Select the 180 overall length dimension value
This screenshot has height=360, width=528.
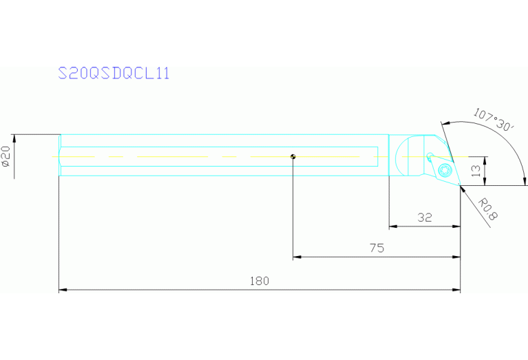pos(259,281)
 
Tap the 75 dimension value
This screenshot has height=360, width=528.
pos(377,248)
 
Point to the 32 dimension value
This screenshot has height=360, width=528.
pos(425,218)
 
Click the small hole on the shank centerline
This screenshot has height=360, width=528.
pos(293,156)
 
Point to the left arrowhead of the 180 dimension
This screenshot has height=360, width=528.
pos(62,290)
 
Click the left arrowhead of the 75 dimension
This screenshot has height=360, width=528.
pos(297,257)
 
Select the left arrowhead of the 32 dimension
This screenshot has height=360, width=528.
pos(392,226)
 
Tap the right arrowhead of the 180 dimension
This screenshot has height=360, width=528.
pos(457,290)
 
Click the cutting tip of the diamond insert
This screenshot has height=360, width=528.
pos(460,185)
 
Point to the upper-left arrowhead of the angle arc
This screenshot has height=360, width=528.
pos(444,124)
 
